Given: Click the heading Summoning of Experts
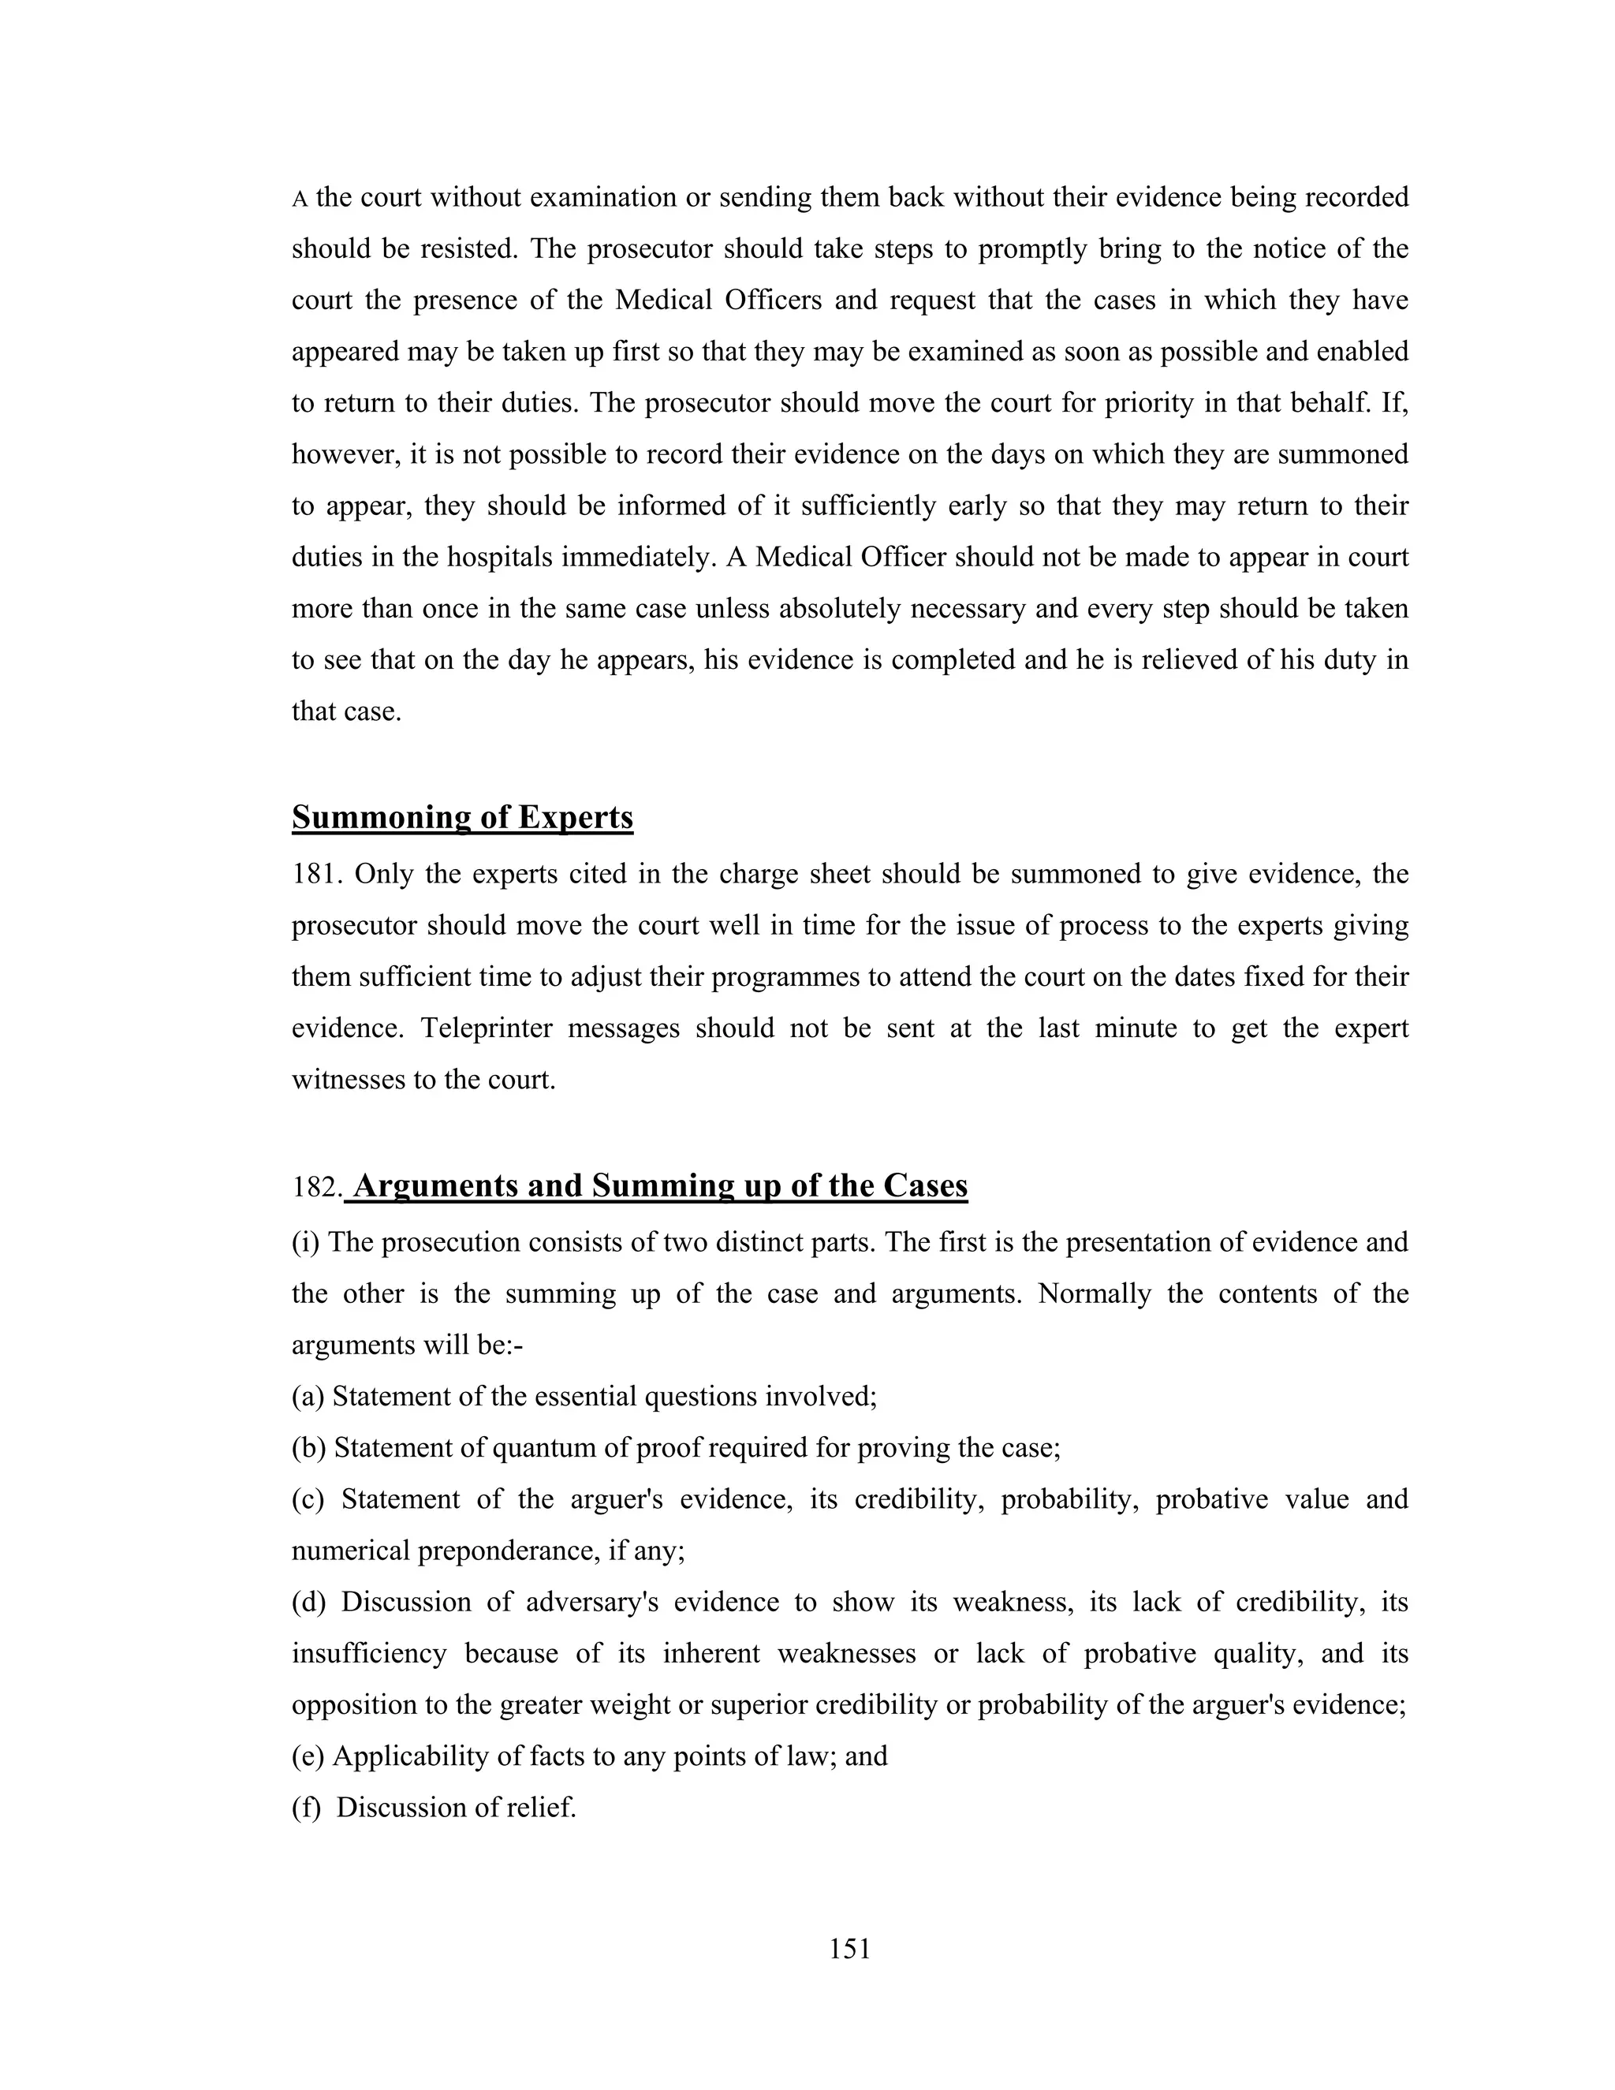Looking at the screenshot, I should (462, 817).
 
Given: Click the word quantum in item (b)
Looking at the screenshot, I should (544, 1449).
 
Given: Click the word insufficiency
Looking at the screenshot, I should (368, 1654).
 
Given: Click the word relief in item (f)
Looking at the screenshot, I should (544, 1808).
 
